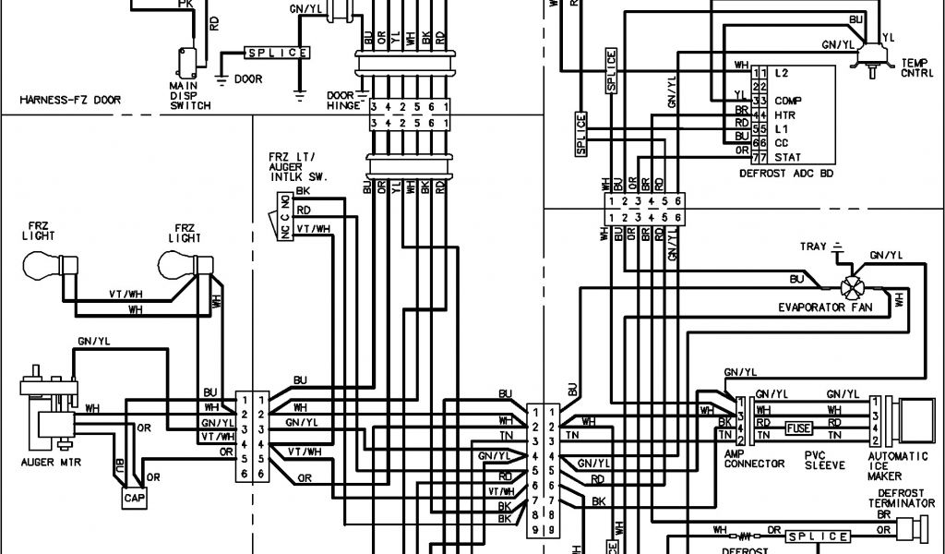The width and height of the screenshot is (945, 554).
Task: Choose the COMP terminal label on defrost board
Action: point(786,100)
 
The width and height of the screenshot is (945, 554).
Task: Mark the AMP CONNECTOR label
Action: point(754,458)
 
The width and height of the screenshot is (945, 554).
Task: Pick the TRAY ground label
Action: point(813,247)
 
